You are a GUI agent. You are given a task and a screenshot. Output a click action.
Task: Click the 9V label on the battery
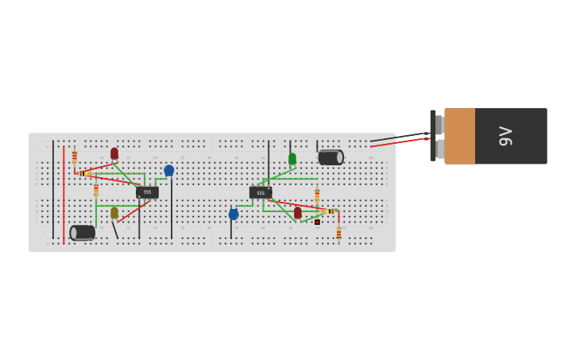click(x=505, y=136)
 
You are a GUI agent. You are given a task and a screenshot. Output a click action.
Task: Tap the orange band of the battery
click(x=459, y=136)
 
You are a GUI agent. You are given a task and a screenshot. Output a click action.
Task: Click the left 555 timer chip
click(x=147, y=192)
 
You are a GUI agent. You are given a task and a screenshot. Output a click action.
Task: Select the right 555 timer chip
click(x=261, y=192)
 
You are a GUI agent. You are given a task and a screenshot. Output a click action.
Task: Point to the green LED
click(x=292, y=159)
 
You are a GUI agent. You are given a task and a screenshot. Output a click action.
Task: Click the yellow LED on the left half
click(x=114, y=213)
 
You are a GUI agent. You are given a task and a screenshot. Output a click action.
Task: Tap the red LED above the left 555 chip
click(x=114, y=153)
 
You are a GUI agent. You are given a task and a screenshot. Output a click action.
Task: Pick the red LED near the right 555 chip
click(x=298, y=213)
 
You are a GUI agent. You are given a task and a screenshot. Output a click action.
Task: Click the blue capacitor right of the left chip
click(x=168, y=170)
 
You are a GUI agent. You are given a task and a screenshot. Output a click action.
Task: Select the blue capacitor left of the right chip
click(x=234, y=214)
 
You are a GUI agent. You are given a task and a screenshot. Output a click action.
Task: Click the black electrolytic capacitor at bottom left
click(x=83, y=232)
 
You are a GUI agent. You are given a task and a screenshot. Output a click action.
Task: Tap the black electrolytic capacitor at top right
click(x=331, y=157)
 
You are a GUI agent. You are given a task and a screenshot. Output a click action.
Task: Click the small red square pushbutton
click(x=317, y=222)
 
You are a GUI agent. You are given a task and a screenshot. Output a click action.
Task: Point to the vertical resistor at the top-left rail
click(x=75, y=157)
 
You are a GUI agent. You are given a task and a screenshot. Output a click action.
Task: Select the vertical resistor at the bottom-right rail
click(x=338, y=233)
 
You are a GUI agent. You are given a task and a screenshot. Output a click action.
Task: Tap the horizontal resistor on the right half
click(x=329, y=211)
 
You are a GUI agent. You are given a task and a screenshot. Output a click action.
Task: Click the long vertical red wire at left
click(x=64, y=195)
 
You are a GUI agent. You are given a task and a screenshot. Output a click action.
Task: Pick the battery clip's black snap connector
click(x=433, y=135)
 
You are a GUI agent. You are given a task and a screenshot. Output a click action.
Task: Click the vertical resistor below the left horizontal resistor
click(x=96, y=189)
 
